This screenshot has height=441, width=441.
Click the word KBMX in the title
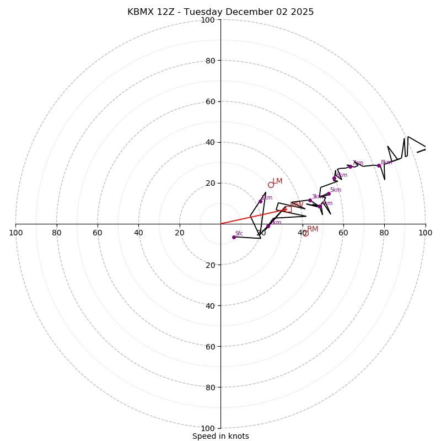141,12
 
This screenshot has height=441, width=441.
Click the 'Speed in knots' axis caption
220,436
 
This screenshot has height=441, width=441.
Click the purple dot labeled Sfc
234,237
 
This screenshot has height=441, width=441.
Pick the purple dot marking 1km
268,226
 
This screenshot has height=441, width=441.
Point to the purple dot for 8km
379,165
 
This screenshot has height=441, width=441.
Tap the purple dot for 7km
350,166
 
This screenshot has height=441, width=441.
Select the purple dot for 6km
334,178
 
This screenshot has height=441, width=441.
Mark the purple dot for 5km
329,193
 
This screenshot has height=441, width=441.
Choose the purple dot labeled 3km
310,201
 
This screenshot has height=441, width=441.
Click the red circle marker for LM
271,185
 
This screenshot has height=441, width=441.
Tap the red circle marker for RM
305,233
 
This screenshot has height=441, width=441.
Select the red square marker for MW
288,209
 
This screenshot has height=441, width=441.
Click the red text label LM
277,181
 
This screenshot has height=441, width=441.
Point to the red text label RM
313,229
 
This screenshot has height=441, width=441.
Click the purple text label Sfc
239,233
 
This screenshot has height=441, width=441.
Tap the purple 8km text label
386,163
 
